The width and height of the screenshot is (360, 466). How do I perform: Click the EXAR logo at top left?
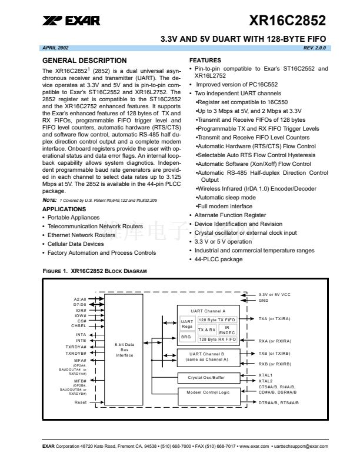(71, 21)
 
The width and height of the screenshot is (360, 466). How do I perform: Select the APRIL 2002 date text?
(56, 46)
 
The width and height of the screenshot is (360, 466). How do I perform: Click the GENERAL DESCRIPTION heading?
(85, 61)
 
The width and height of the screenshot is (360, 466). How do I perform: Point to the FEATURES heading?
(205, 61)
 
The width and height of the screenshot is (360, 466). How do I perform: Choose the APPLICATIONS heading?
(64, 209)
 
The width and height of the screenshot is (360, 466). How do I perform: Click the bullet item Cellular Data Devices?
(75, 244)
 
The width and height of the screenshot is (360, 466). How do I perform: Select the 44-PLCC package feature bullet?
(219, 259)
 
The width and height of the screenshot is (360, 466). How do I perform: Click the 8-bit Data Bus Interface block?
(124, 349)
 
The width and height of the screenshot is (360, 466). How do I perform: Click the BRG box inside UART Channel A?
(186, 337)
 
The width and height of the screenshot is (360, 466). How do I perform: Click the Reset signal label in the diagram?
(81, 402)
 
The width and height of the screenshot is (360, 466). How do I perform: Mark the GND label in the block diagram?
(263, 300)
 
